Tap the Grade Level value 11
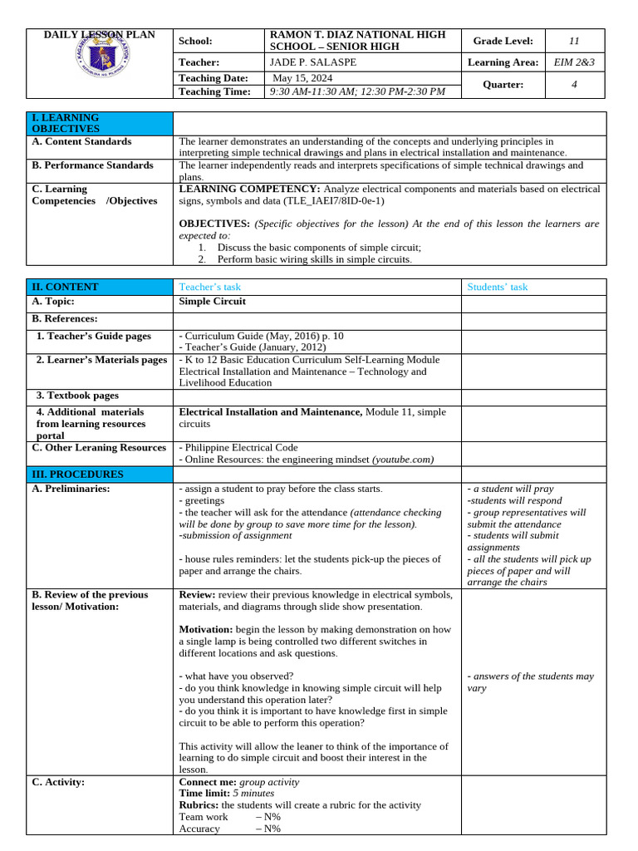[574, 41]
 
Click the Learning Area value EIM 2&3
[574, 62]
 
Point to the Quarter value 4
[574, 85]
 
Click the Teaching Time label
[214, 91]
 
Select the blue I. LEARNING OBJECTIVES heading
[66, 123]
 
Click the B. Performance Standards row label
[92, 165]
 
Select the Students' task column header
[497, 287]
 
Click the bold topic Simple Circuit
[213, 302]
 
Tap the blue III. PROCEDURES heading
[77, 474]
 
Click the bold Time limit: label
[204, 793]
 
